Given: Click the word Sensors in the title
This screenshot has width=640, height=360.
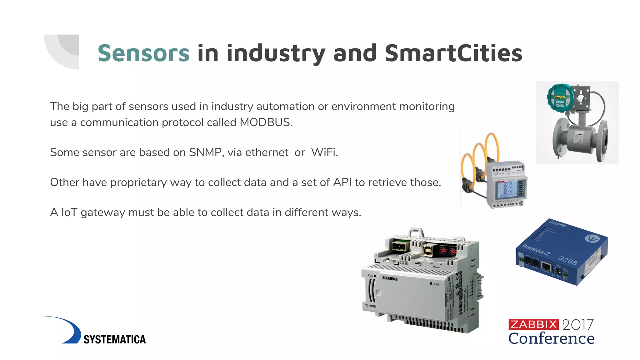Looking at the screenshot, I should [143, 53].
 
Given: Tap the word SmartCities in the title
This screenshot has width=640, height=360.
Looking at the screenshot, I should [453, 53].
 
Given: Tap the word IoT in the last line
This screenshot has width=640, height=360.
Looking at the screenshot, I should [69, 212].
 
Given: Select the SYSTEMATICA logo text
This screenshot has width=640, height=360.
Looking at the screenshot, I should [115, 339].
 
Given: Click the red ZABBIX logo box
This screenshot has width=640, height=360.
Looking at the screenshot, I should [533, 325].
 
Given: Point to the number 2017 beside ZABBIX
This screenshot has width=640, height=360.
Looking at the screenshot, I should [578, 325].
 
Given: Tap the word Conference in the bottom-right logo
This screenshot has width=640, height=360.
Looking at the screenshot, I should [551, 338].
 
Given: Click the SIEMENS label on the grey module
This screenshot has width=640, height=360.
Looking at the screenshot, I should [390, 278].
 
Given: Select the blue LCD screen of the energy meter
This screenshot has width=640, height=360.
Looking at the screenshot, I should [507, 189].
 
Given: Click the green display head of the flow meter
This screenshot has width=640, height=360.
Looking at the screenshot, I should [560, 97].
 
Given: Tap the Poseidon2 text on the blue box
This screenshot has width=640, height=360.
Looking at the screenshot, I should [536, 250].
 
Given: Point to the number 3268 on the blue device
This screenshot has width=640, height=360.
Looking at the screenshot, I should [568, 260].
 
